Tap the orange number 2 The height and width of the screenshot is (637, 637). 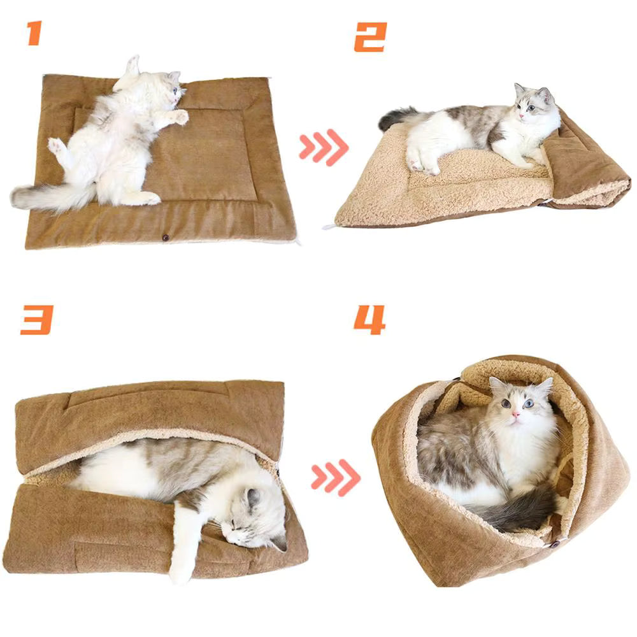tap(370, 36)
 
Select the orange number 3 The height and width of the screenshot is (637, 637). tap(36, 319)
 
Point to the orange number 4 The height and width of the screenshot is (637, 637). tap(369, 319)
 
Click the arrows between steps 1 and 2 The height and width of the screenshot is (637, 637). tap(324, 147)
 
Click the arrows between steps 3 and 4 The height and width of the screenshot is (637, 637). tap(336, 477)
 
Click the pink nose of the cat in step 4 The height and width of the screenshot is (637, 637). tap(514, 415)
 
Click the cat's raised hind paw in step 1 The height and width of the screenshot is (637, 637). tap(57, 146)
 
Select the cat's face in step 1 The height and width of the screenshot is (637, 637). tap(173, 94)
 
